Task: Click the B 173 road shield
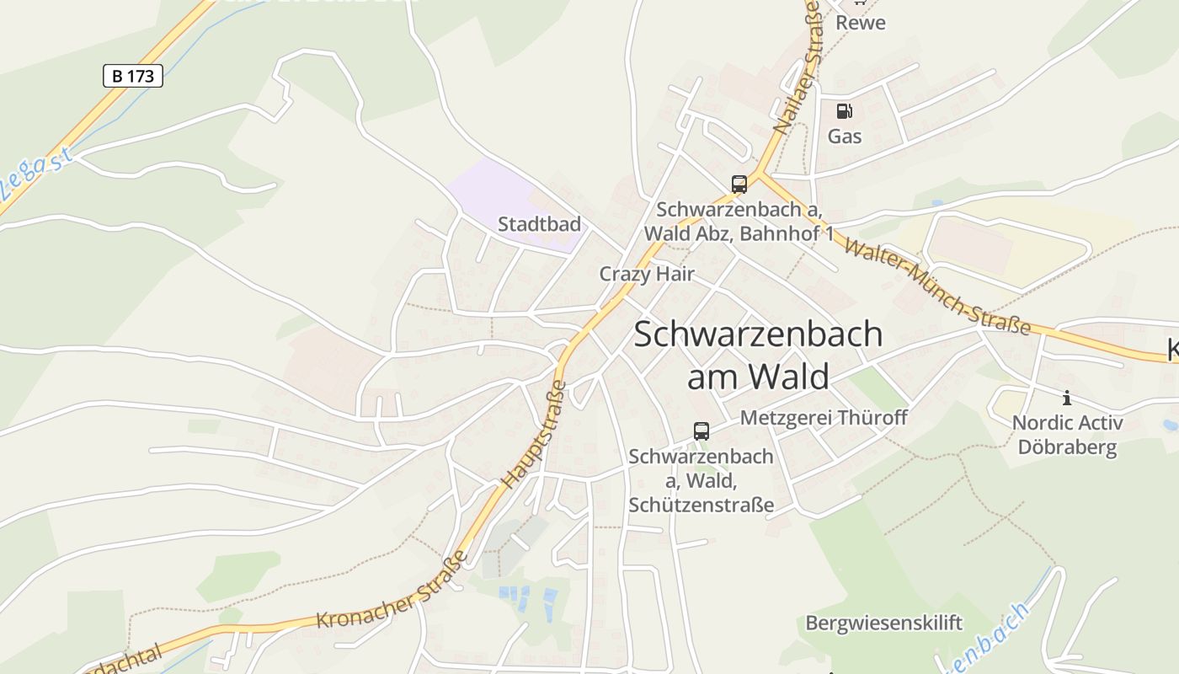point(132,76)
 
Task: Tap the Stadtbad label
point(539,224)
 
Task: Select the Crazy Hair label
point(647,274)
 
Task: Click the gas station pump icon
point(844,111)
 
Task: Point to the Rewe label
point(860,23)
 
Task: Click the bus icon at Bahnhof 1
point(739,184)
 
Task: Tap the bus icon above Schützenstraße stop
point(701,431)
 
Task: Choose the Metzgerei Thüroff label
point(824,417)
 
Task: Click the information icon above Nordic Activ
point(1067,398)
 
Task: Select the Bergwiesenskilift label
point(883,623)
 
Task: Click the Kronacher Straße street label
point(392,590)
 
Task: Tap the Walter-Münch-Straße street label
point(936,286)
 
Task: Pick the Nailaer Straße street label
point(797,67)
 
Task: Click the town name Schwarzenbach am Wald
point(758,355)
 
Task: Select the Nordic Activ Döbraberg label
point(1067,435)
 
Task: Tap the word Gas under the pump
point(844,136)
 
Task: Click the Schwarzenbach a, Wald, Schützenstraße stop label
point(701,481)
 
